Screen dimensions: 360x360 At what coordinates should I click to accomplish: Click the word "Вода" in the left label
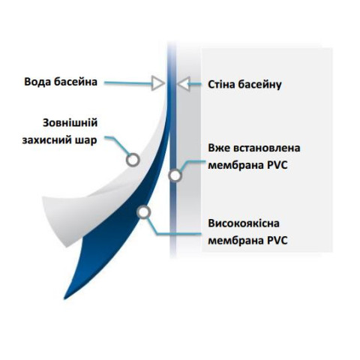37,82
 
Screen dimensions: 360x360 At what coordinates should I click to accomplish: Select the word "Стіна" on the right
221,85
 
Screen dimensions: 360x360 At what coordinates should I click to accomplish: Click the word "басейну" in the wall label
259,85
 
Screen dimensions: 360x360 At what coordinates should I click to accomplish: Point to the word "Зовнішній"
70,123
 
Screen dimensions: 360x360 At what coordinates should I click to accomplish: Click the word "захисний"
47,140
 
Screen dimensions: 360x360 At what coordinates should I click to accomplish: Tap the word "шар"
86,141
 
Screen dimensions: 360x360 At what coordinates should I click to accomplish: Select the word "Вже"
219,148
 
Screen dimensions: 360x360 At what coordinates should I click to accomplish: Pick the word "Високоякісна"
244,223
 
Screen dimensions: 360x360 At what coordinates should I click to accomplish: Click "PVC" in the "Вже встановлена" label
277,165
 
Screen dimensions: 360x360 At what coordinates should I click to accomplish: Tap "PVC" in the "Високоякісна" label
277,241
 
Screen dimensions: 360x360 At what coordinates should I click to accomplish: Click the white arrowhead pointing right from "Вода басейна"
158,82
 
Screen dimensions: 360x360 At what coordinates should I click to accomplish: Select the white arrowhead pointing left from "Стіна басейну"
184,84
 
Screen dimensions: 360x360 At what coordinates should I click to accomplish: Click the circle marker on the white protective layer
133,160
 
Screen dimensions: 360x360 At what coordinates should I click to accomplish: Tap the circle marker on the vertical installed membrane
175,175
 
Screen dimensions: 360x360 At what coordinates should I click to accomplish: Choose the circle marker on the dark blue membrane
144,212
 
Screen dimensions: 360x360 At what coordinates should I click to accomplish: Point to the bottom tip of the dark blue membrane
64,298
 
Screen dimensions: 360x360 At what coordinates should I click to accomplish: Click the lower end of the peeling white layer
67,246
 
